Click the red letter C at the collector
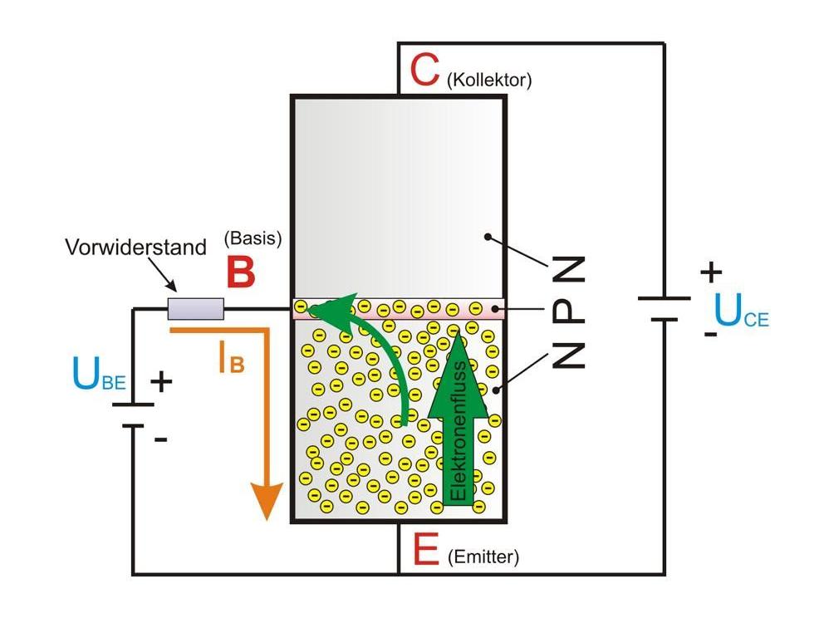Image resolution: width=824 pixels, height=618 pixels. (424, 71)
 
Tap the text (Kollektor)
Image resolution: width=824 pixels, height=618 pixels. (488, 81)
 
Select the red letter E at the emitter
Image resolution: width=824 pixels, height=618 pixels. (424, 549)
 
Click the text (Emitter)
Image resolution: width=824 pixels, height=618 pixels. (483, 558)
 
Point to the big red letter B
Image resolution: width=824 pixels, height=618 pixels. (240, 272)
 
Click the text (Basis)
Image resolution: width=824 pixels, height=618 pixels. (253, 238)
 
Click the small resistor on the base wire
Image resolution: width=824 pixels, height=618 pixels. (196, 309)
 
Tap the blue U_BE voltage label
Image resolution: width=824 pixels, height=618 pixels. (98, 377)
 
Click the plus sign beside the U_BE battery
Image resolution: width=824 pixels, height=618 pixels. (161, 382)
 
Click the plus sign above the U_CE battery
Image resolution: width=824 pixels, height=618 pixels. (711, 271)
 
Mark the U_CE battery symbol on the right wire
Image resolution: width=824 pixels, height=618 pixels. (664, 308)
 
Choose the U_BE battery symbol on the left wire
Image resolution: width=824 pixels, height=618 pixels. (133, 414)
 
